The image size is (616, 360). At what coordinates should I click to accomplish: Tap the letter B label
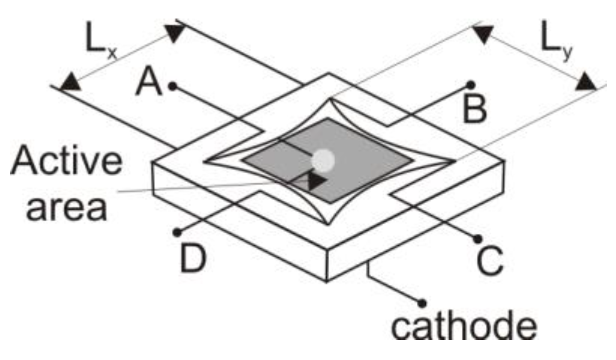[474, 111]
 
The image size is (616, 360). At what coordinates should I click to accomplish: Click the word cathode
[463, 328]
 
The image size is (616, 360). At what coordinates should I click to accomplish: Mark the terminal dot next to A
[172, 86]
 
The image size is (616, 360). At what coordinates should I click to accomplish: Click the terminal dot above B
[470, 85]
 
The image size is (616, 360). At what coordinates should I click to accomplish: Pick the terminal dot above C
[477, 238]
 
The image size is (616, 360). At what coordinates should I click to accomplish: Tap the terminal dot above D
[177, 232]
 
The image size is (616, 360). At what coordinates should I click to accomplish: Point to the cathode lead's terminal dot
[422, 302]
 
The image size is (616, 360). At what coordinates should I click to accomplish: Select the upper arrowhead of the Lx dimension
[176, 33]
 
